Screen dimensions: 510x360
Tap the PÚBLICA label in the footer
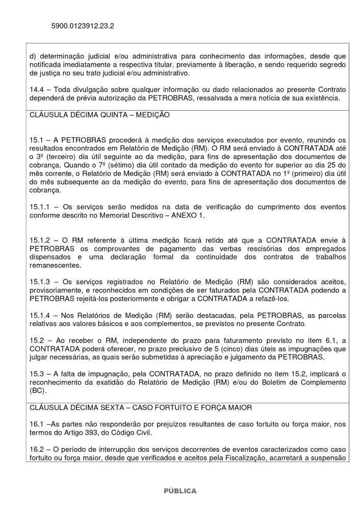[x=179, y=491]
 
